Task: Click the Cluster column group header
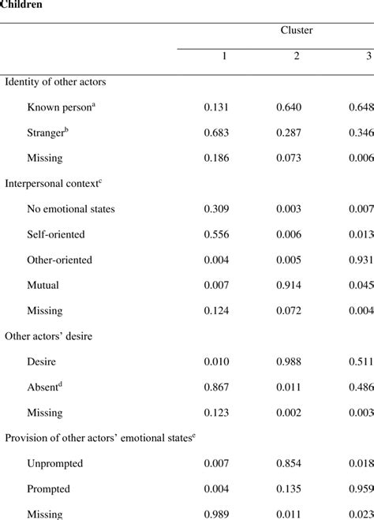pyautogui.click(x=296, y=30)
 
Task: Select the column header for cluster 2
pyautogui.click(x=297, y=57)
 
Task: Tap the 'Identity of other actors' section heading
pyautogui.click(x=55, y=81)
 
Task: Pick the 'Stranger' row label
pyautogui.click(x=48, y=133)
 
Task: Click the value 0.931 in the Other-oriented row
pyautogui.click(x=361, y=260)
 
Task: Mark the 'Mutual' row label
pyautogui.click(x=43, y=285)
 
